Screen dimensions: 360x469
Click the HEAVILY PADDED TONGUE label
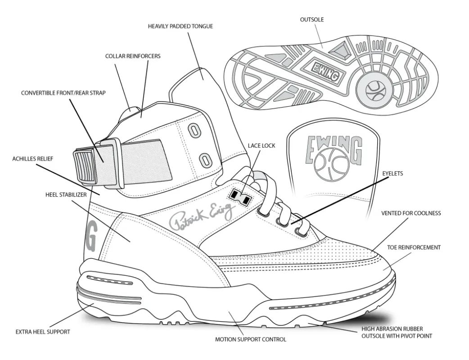[x=180, y=27]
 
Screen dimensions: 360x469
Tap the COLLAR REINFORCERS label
[x=133, y=57]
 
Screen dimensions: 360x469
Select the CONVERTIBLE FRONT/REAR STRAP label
[x=63, y=93]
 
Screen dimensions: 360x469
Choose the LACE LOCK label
[x=262, y=146]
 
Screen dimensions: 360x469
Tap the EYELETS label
[x=392, y=173]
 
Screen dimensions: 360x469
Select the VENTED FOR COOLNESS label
[x=411, y=213]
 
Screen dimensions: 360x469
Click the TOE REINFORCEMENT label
[x=414, y=247]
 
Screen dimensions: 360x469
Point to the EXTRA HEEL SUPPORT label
[x=43, y=332]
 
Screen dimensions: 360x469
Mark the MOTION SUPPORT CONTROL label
[x=250, y=339]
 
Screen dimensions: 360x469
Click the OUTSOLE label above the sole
[x=312, y=20]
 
